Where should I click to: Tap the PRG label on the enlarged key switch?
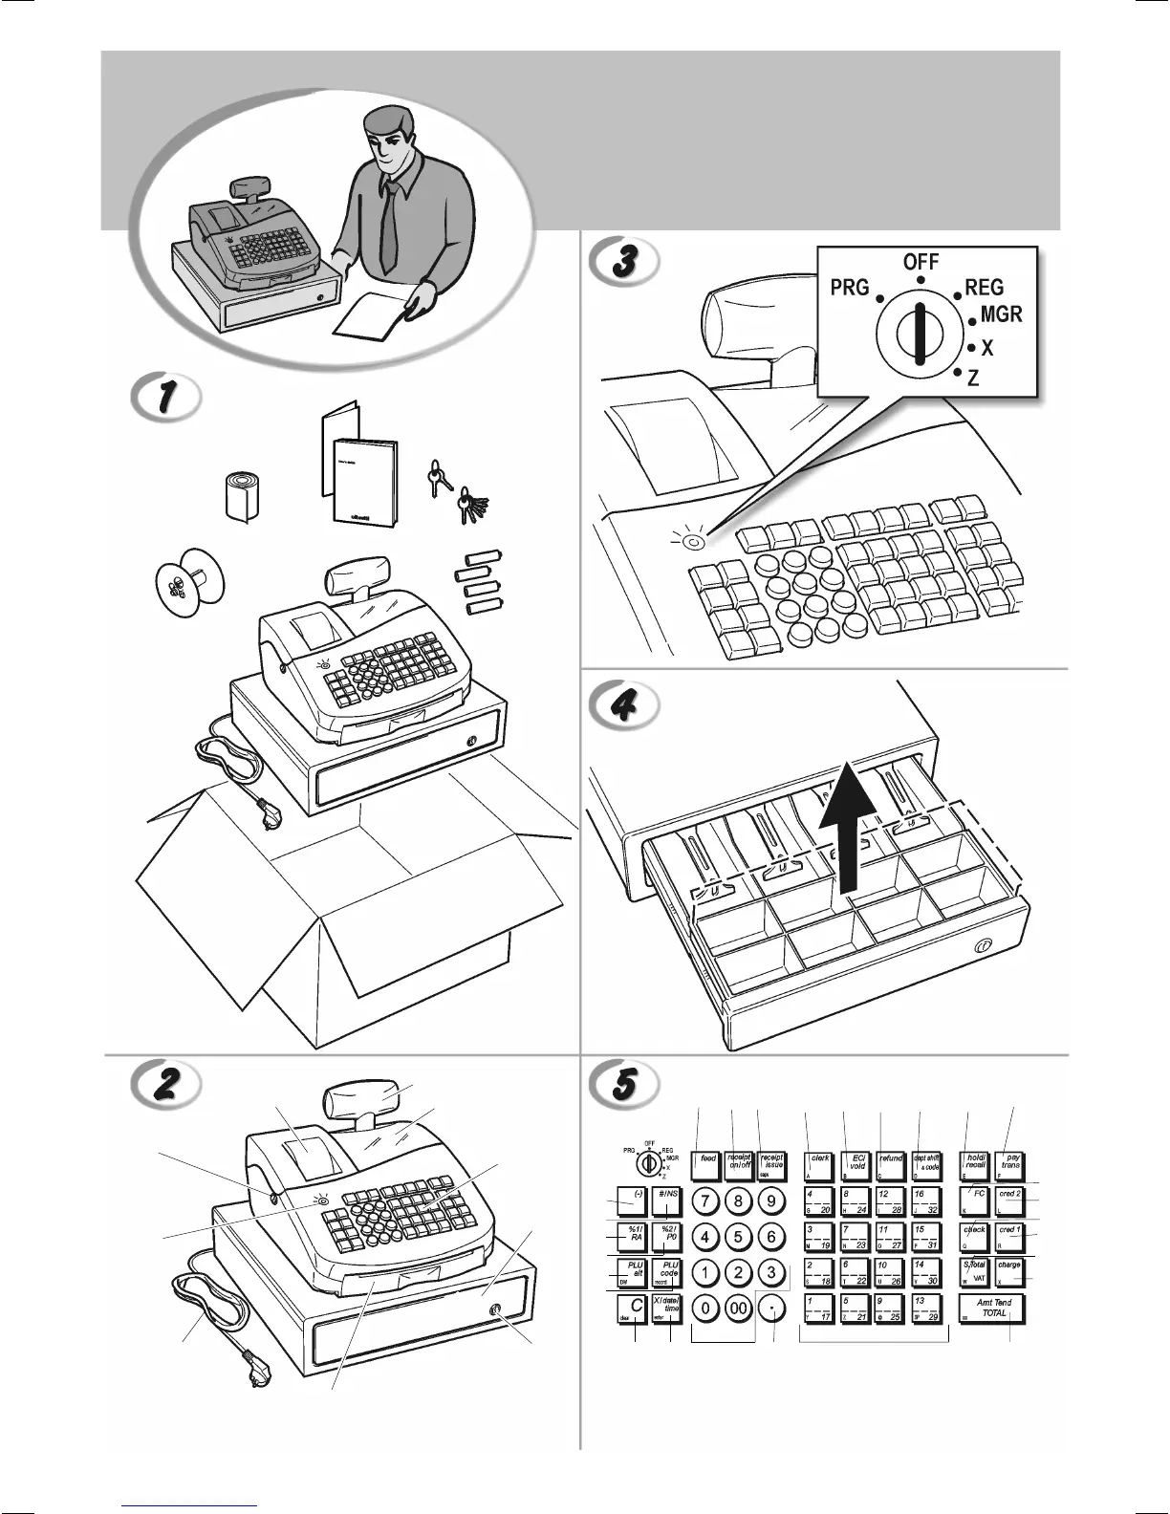point(849,287)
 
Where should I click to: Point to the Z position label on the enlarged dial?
point(973,378)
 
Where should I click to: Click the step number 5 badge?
point(623,1082)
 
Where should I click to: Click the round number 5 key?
point(738,1236)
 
